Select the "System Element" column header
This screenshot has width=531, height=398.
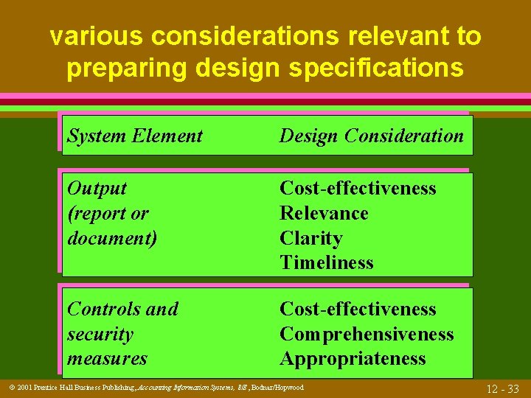point(134,136)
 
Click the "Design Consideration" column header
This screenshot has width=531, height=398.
point(372,136)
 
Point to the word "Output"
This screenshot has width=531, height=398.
point(97,189)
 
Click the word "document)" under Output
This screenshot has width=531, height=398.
point(111,238)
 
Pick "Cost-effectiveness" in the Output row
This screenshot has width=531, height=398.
point(358,189)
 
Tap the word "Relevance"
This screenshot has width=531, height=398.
point(324,213)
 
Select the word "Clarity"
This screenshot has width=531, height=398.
point(310,238)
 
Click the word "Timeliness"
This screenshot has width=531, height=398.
point(326,262)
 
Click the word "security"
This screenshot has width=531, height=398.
point(100,334)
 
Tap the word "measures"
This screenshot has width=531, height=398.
point(107,359)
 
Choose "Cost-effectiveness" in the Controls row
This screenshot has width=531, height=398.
point(358,309)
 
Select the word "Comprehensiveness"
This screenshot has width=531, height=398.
point(367,334)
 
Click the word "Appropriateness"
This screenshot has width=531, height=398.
point(353,359)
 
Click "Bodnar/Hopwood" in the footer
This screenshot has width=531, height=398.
point(279,388)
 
